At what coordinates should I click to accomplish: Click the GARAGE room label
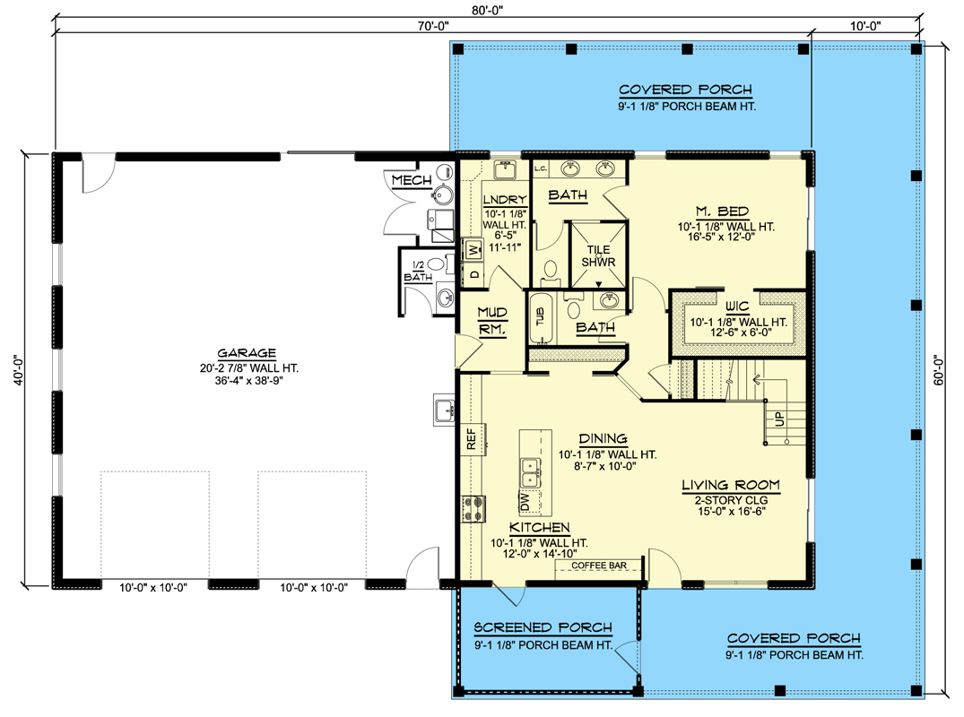[x=247, y=352]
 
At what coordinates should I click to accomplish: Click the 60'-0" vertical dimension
[x=938, y=369]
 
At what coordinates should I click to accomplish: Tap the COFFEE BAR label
[x=599, y=566]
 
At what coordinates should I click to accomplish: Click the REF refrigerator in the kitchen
[x=473, y=438]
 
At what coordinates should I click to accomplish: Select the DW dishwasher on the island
[x=525, y=501]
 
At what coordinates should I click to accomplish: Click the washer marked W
[x=473, y=250]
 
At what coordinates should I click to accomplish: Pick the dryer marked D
[x=473, y=274]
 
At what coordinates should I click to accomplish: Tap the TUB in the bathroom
[x=541, y=317]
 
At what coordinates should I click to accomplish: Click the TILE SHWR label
[x=598, y=255]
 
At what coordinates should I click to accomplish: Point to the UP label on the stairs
[x=780, y=419]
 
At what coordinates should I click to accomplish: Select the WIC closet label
[x=737, y=306]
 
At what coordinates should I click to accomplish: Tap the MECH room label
[x=412, y=180]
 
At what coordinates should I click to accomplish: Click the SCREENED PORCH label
[x=543, y=627]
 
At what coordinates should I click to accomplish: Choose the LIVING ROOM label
[x=731, y=486]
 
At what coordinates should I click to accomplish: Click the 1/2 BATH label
[x=418, y=272]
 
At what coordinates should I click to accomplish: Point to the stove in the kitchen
[x=474, y=509]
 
